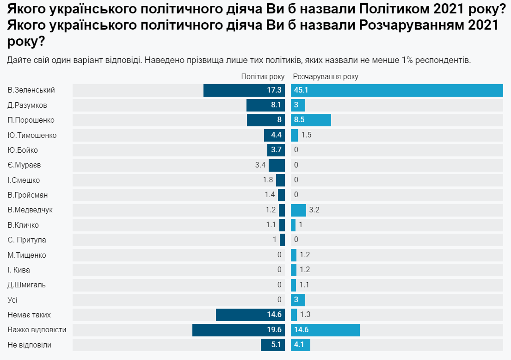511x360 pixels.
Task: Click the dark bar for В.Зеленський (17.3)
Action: pos(244,90)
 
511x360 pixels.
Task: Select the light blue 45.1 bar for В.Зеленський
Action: pos(397,90)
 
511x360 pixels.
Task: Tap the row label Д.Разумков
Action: pos(27,105)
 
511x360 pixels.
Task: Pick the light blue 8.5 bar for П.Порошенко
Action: pos(311,120)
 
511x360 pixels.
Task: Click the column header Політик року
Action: pos(263,77)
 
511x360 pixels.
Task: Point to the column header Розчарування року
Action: pos(326,77)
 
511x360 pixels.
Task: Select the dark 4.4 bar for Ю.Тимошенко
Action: pos(274,135)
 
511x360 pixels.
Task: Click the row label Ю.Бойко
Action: pos(23,150)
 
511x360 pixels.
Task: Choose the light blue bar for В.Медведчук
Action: pos(298,210)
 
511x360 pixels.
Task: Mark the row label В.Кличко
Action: pos(23,225)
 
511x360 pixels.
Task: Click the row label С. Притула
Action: pos(27,240)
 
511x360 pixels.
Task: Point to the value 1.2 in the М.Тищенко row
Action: pos(305,255)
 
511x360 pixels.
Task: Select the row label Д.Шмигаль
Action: pos(27,285)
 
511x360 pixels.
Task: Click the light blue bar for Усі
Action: pos(298,300)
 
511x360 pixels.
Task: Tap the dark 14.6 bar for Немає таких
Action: pos(250,315)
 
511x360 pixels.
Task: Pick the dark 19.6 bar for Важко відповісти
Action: pos(239,330)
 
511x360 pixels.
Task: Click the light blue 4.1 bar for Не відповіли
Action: pos(301,345)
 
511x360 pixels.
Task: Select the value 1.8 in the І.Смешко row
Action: pos(268,180)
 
